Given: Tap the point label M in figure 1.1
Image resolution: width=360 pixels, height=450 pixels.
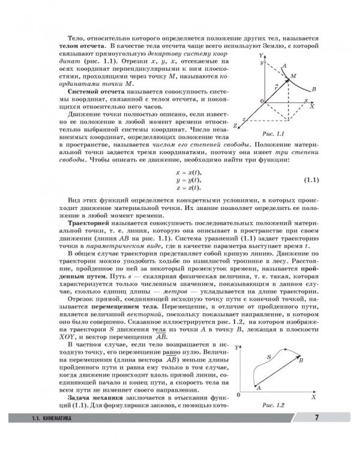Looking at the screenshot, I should (293, 76).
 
